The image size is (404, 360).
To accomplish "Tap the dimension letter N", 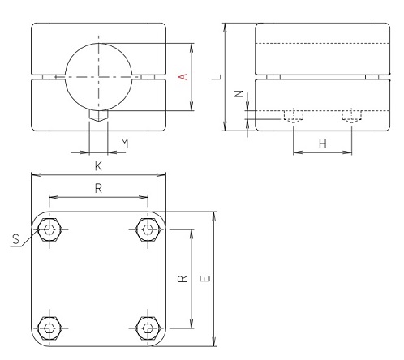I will [x=236, y=95].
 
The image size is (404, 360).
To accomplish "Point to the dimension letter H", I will [x=322, y=144].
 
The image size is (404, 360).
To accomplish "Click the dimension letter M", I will [x=124, y=144].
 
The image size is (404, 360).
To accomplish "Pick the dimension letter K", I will [x=97, y=165].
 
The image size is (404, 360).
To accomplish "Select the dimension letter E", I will [x=204, y=279].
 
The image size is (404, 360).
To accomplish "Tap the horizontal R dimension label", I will [x=98, y=188].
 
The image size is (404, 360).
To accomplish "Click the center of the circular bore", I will [x=98, y=76].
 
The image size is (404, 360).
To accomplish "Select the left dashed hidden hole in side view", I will [x=293, y=116].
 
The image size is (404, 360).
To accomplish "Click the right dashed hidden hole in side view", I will [x=351, y=116].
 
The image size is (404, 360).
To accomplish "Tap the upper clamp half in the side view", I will [x=316, y=49].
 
